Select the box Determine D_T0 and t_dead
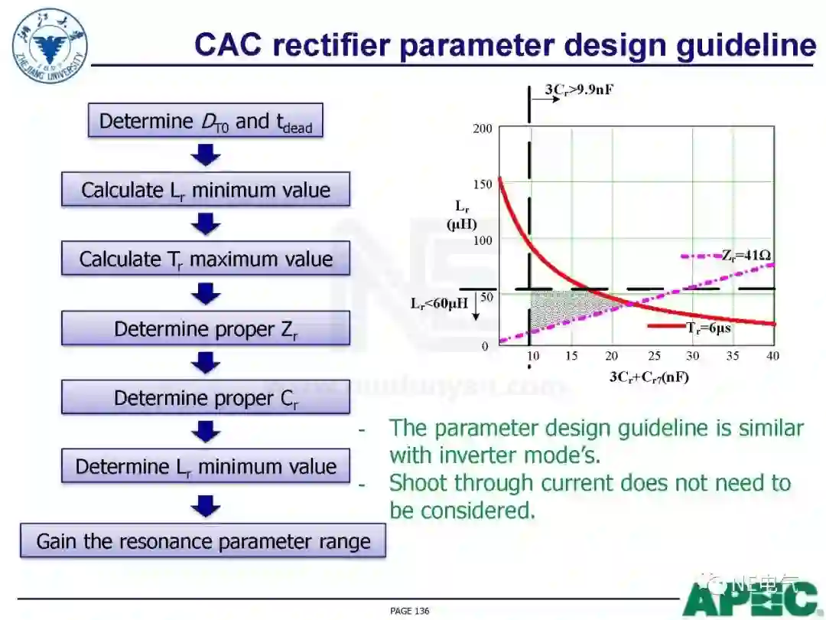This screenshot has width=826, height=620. [x=206, y=122]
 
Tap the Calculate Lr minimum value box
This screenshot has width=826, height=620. [x=206, y=190]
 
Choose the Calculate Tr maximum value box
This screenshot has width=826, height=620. [x=206, y=259]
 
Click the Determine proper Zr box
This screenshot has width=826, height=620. [x=206, y=328]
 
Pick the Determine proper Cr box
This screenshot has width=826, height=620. [x=206, y=397]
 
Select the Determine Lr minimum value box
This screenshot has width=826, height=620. [x=206, y=466]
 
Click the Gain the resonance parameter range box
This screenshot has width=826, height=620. [x=203, y=541]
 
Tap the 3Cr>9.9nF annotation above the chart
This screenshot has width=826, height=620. [x=579, y=90]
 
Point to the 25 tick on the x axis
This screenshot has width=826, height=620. [x=653, y=356]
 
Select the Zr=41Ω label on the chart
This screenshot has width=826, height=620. [x=745, y=255]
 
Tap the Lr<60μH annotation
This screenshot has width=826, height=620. [x=439, y=303]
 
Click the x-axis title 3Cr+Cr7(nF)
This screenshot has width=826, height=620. [x=649, y=377]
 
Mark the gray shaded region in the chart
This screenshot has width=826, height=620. [x=558, y=308]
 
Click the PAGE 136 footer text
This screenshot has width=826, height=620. [x=410, y=611]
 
